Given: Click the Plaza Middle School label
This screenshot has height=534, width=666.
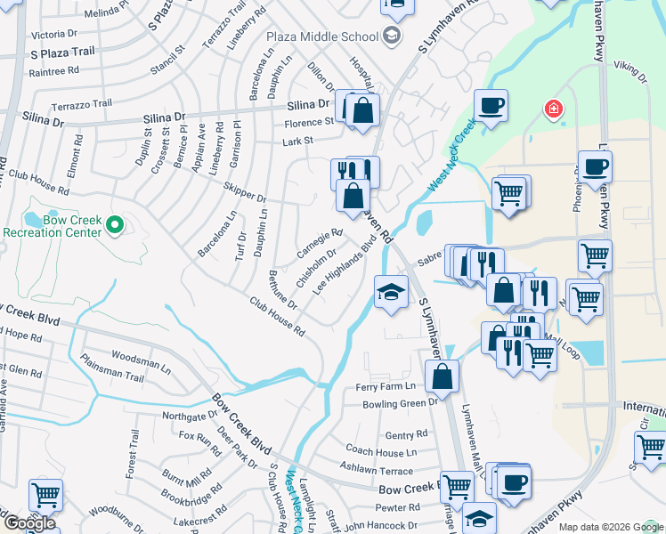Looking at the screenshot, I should click(x=322, y=36).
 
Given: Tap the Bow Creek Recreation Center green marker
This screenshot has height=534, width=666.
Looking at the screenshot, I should click(x=114, y=226).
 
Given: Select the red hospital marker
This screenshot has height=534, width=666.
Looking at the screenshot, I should click(x=554, y=109).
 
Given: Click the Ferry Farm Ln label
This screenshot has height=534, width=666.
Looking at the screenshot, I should click(x=386, y=386).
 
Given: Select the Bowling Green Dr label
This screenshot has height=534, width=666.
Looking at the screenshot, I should click(x=401, y=403).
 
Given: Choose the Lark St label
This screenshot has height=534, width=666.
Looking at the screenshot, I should click(x=298, y=141).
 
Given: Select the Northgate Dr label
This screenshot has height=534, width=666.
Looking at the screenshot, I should click(x=190, y=415).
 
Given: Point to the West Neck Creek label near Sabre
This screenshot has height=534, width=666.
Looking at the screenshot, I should click(x=447, y=158).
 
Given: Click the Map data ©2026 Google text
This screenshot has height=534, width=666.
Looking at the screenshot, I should click(x=611, y=527).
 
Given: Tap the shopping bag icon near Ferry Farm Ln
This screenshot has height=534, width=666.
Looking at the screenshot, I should click(x=442, y=377).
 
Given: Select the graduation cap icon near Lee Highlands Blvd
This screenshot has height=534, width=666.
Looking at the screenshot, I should click(x=390, y=293).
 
